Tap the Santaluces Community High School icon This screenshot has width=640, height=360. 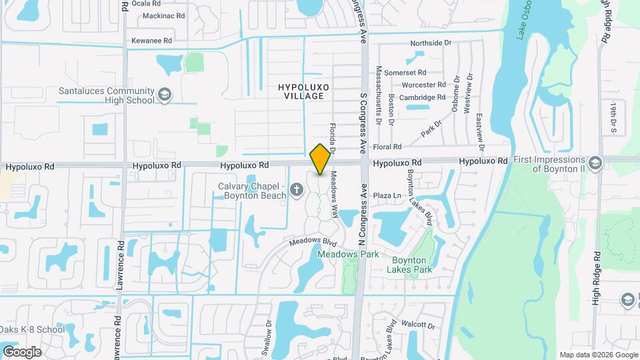point(164,95)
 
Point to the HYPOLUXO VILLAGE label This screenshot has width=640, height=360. point(301,91)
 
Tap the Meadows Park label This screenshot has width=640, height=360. point(348,254)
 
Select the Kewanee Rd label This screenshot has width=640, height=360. point(153,41)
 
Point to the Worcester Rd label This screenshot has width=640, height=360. point(424,85)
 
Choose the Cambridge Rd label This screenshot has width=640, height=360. point(423,97)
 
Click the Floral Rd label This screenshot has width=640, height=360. point(387,147)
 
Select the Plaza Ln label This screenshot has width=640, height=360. point(386,195)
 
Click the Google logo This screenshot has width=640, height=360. point(22,351)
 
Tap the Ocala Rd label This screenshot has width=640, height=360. point(147,3)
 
